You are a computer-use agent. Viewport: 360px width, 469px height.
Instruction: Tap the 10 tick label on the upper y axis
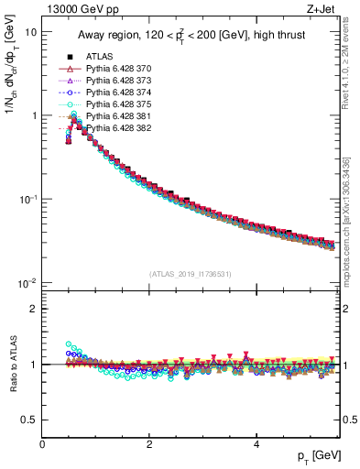tap(30, 31)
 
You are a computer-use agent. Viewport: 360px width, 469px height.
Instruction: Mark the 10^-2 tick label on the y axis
tap(27, 283)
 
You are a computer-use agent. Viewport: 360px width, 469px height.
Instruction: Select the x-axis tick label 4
tap(256, 443)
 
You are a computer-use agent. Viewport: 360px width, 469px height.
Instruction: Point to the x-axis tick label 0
tap(42, 443)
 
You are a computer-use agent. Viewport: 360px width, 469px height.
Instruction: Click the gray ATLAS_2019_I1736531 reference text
tap(191, 274)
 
